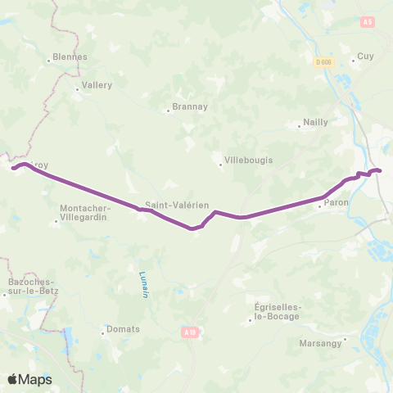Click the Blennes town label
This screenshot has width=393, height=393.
click(69, 57)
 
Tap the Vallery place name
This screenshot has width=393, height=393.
click(95, 84)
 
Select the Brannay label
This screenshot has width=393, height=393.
click(184, 106)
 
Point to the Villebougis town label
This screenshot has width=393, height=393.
click(248, 160)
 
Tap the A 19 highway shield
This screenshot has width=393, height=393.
click(190, 332)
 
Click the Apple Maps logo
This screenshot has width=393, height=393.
click(29, 379)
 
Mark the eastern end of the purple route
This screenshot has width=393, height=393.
click(380, 170)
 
